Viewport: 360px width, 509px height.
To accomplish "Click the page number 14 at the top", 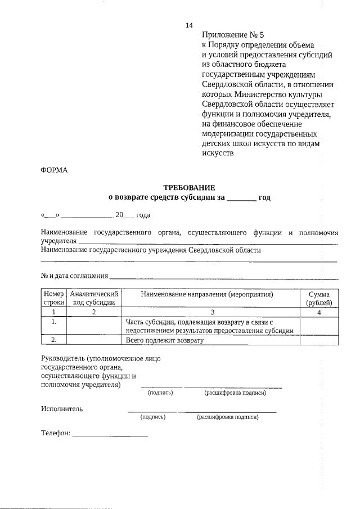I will (189, 26).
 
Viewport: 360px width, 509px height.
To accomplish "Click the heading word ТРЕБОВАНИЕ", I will (189, 187).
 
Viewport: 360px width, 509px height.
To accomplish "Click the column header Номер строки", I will (53, 298).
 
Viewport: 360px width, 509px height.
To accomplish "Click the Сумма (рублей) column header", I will (319, 298).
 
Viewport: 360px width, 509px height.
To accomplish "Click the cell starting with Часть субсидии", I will (210, 326).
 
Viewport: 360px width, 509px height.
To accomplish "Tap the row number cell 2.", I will (53, 340).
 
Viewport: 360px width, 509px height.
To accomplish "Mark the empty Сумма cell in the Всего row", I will (319, 340).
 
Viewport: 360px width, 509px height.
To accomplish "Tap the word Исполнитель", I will (62, 409).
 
